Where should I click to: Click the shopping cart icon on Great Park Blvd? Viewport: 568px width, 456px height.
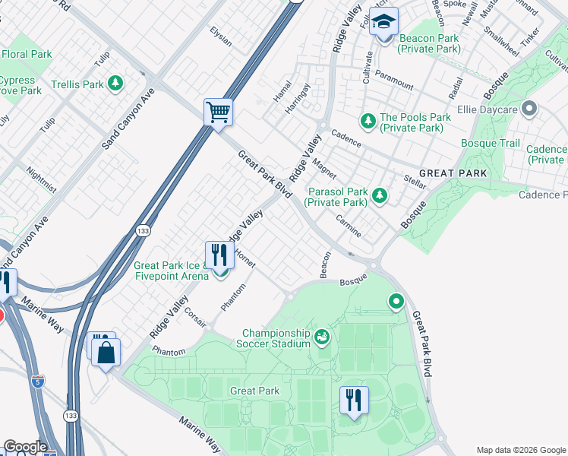218,112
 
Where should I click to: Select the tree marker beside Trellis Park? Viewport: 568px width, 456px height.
115,84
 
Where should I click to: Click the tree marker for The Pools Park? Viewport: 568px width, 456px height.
368,120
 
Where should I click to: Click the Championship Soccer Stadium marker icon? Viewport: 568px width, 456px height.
322,335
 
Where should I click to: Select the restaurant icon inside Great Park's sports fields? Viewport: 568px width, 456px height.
353,400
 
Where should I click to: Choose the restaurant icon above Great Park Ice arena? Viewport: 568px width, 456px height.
218,255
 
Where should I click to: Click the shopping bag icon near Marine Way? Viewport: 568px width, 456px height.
106,353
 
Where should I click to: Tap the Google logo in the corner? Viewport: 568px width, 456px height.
25,447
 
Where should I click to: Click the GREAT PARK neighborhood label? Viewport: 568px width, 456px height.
453,173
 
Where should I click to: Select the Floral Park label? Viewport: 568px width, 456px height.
27,54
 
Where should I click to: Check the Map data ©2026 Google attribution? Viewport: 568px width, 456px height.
521,450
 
